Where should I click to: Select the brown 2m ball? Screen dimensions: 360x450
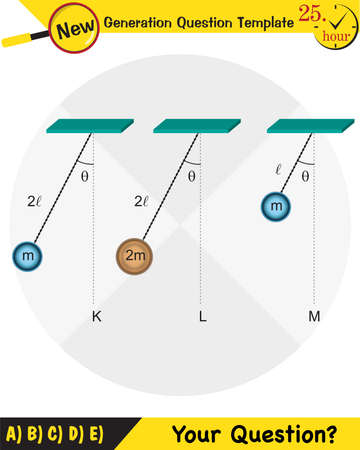pyautogui.click(x=133, y=256)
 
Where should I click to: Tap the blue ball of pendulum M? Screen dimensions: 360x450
pyautogui.click(x=276, y=207)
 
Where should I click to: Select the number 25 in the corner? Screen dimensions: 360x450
pyautogui.click(x=311, y=15)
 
